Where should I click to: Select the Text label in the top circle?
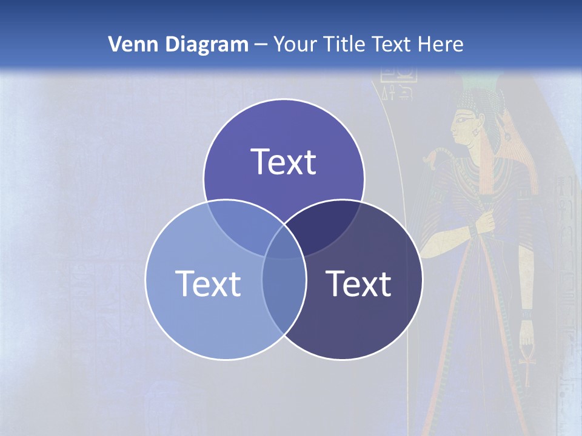click(x=284, y=162)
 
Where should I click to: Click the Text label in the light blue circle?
click(x=208, y=283)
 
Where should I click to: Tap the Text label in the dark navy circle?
click(x=358, y=283)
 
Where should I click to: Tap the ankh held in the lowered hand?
click(x=526, y=363)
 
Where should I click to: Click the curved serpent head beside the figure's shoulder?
click(x=431, y=159)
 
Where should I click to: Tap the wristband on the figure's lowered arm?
click(x=525, y=315)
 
